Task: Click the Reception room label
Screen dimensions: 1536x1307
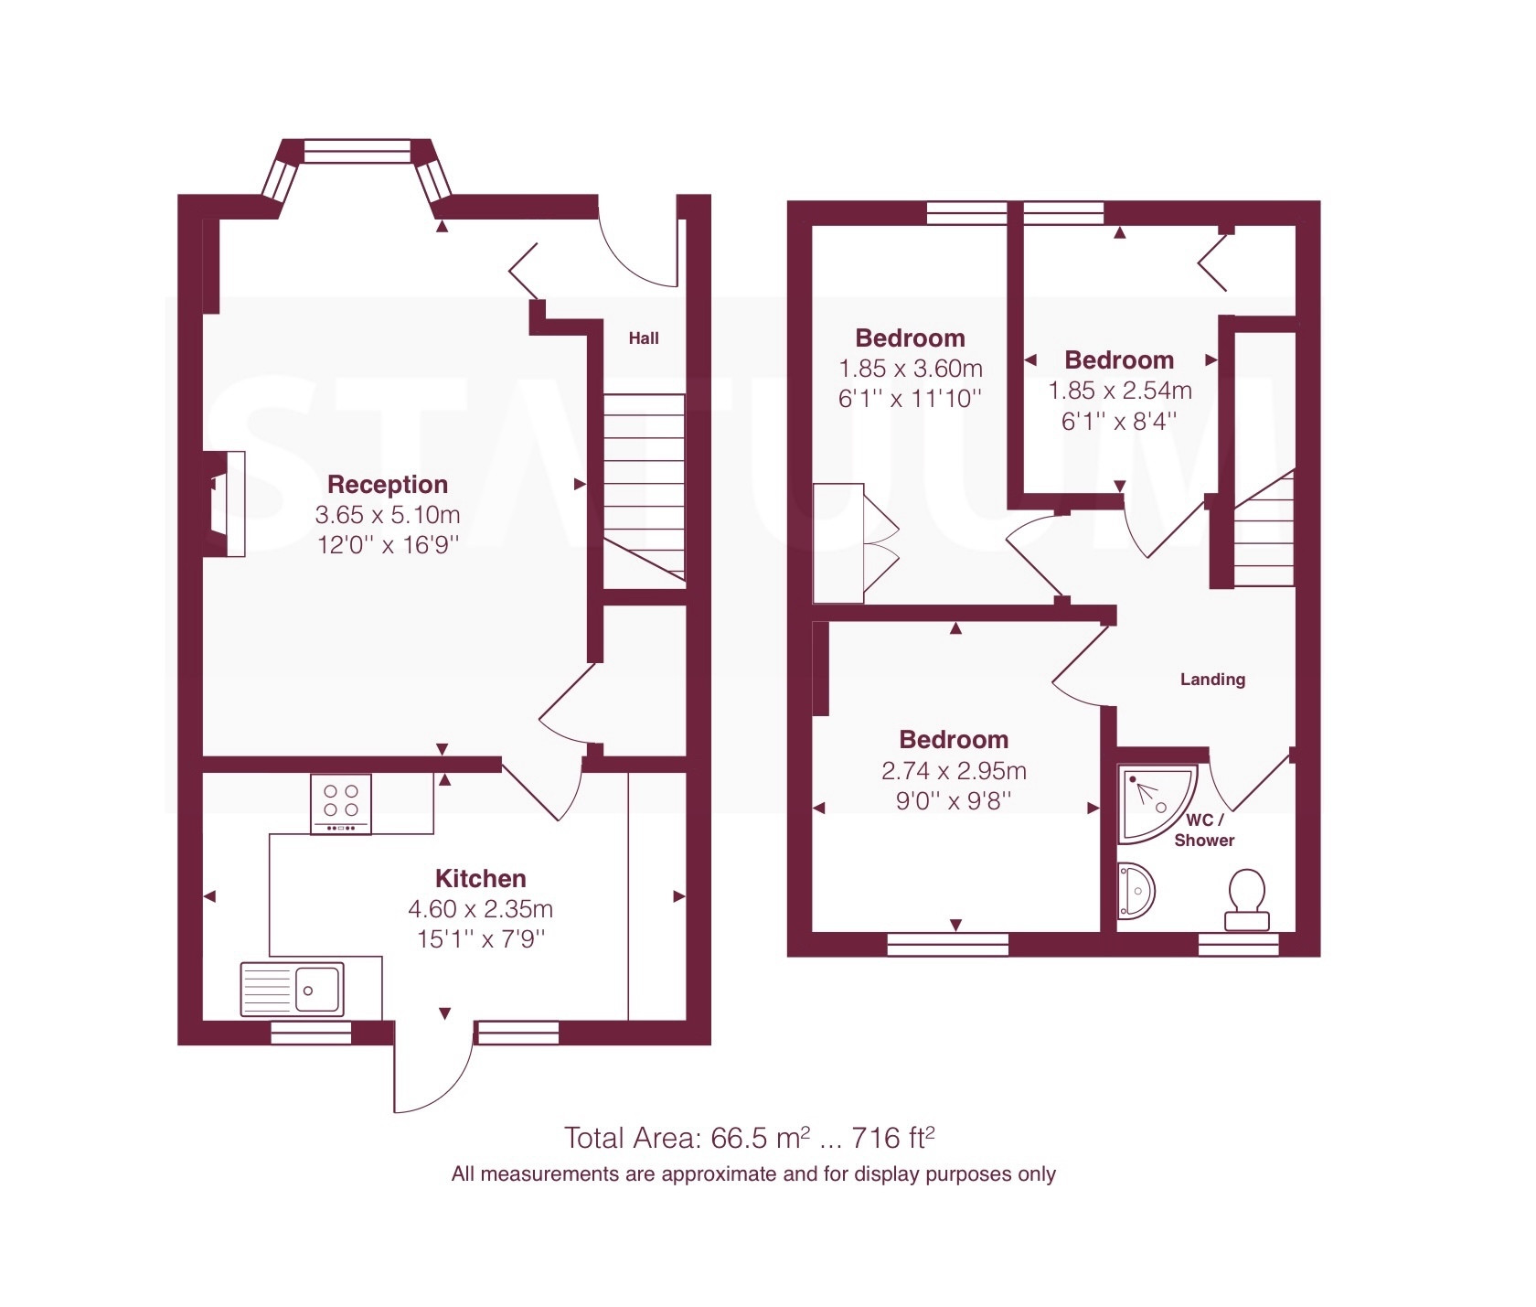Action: coord(388,484)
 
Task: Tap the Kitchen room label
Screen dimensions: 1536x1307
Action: coord(481,878)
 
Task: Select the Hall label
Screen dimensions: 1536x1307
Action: coord(644,338)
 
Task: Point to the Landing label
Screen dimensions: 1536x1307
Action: coord(1212,679)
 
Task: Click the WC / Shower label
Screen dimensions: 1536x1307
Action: coord(1205,830)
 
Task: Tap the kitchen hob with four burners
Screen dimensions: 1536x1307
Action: coord(341,804)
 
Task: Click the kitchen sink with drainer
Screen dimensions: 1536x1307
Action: coord(293,989)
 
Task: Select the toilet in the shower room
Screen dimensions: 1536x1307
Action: coord(1247,900)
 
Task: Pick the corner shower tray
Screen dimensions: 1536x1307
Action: coord(1154,803)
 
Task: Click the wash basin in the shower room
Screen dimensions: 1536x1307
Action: coord(1136,890)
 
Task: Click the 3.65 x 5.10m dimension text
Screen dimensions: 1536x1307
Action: coord(388,515)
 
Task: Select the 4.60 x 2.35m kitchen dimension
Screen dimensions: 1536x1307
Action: coord(481,909)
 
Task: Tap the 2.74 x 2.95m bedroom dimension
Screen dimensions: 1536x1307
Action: coord(954,770)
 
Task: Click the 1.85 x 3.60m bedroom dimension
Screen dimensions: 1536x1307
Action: coord(911,369)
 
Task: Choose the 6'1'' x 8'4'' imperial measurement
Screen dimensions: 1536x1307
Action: coord(1119,422)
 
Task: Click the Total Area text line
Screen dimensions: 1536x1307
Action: coord(750,1138)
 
